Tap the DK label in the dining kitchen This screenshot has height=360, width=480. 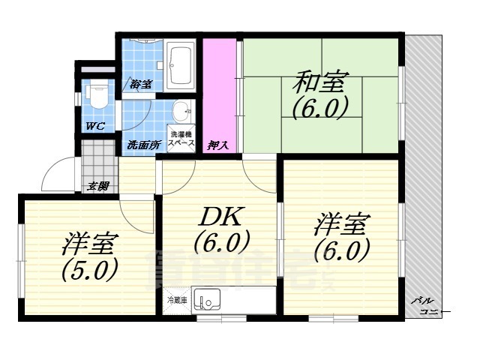[x=220, y=218]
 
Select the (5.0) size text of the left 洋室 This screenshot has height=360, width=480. [x=88, y=268]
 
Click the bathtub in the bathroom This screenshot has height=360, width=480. [x=181, y=65]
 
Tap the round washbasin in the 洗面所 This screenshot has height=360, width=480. [x=181, y=113]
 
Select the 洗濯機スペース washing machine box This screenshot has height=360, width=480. [x=181, y=137]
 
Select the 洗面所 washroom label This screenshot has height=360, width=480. [x=142, y=144]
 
